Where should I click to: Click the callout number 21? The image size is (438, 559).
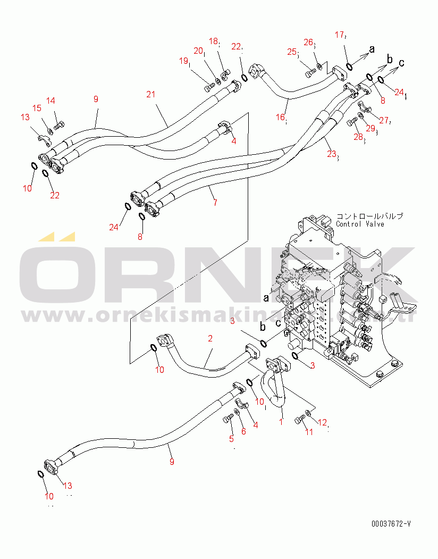[x=151, y=94]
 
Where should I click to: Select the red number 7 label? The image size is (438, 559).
[x=215, y=203]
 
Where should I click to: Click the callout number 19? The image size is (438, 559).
[x=184, y=61]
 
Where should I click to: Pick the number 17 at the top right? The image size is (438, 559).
[x=340, y=35]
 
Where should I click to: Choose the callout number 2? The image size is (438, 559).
[x=210, y=338]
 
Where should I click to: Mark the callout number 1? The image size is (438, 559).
[x=281, y=421]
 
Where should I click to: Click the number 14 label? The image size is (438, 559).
[x=50, y=101]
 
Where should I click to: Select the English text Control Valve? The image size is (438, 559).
[x=360, y=224]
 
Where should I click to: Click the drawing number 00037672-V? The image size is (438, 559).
[x=391, y=523]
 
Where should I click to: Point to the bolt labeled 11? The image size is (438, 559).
[x=299, y=421]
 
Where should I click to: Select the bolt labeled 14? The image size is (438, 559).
[x=59, y=126]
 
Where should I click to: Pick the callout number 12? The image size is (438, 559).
[x=322, y=422]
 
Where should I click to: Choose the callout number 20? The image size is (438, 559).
[x=198, y=51]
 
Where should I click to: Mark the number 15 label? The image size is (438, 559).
[x=37, y=108]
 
